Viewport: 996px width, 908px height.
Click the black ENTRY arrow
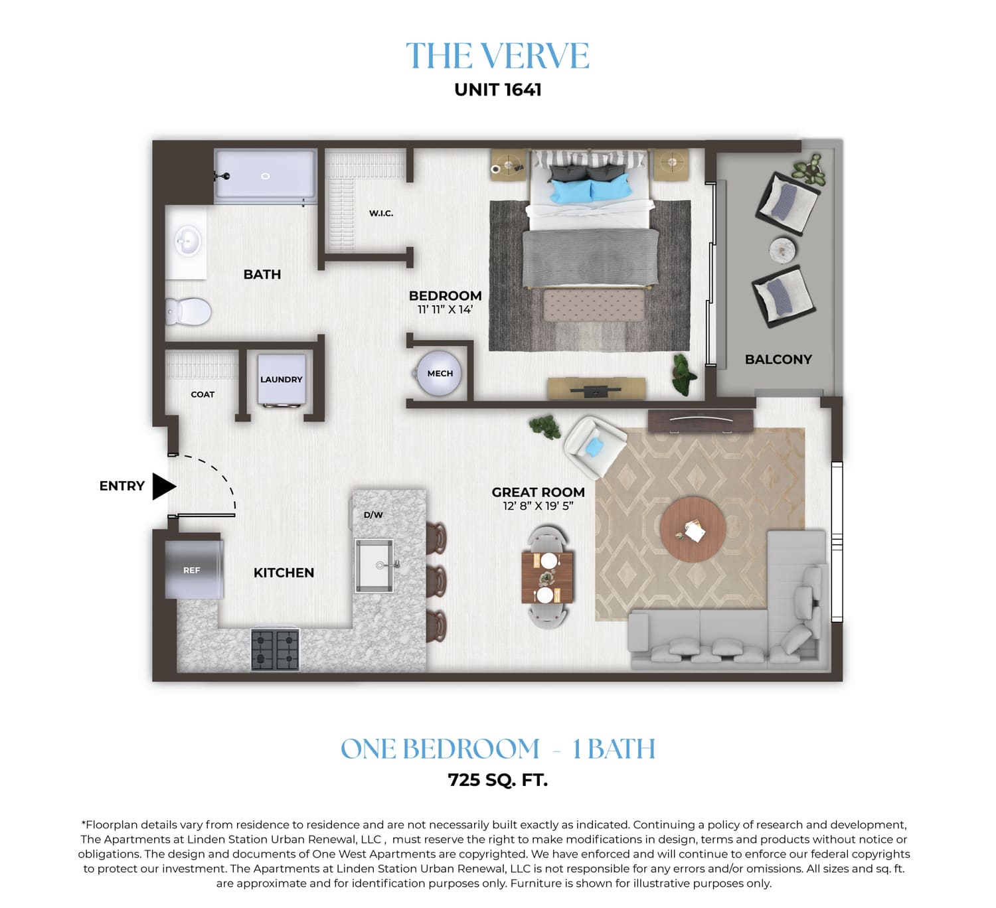(x=163, y=486)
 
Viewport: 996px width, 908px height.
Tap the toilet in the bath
(x=188, y=312)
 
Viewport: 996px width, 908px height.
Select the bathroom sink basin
(x=188, y=242)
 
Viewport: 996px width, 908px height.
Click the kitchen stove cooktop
(x=275, y=650)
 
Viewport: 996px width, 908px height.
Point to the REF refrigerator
(x=194, y=570)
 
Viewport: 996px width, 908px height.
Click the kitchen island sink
(x=374, y=566)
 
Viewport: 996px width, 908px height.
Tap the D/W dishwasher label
(x=373, y=515)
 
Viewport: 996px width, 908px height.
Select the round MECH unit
(x=438, y=373)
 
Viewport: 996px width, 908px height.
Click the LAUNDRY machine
(x=281, y=380)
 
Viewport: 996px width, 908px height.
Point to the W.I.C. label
(x=381, y=214)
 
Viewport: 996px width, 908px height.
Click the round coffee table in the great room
(x=693, y=529)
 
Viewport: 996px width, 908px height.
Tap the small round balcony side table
(x=782, y=250)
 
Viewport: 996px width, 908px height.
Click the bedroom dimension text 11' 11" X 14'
(x=445, y=310)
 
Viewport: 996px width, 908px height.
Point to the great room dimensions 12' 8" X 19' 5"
(x=539, y=506)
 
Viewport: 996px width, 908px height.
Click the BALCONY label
(x=778, y=360)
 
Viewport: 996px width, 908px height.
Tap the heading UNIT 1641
(x=497, y=90)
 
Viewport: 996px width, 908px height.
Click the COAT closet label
(x=203, y=395)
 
